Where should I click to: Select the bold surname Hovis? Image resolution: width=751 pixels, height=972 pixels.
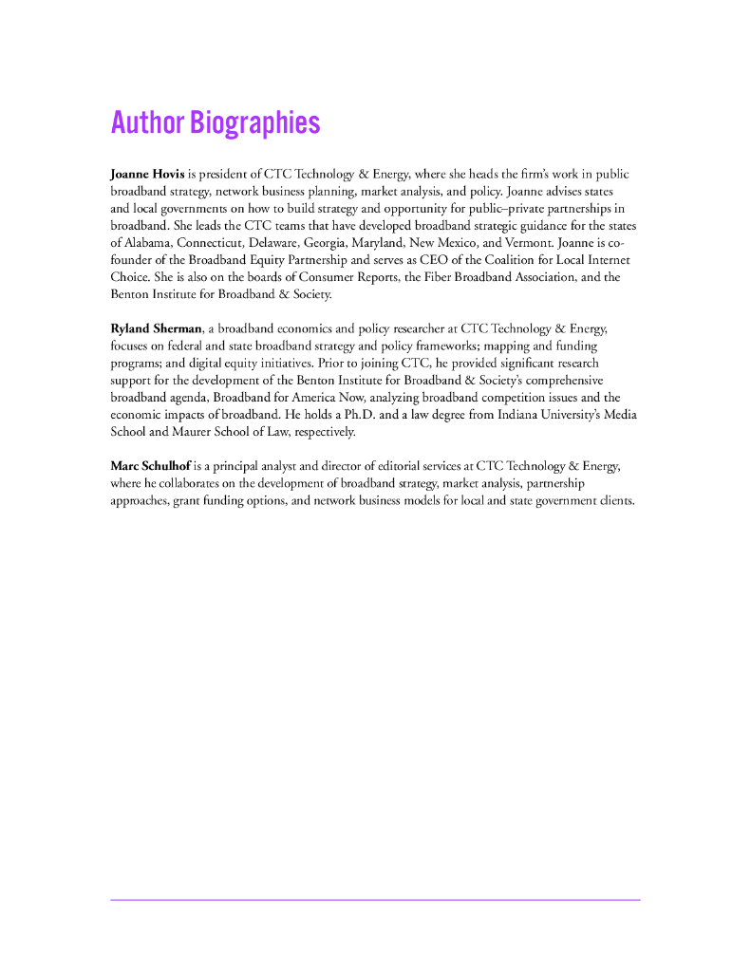(166, 175)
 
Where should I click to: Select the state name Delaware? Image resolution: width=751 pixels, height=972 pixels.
(273, 243)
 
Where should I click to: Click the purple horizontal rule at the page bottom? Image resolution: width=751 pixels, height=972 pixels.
(375, 899)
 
